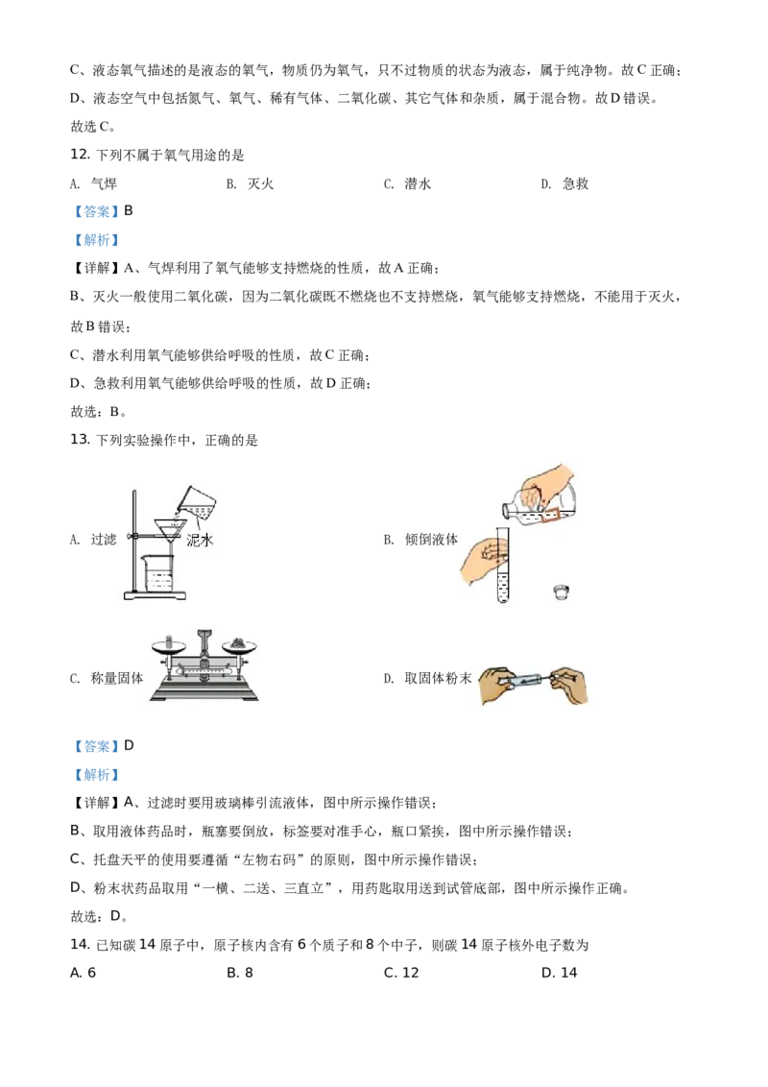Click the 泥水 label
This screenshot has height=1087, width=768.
(x=199, y=541)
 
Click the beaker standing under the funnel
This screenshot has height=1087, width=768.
(x=159, y=574)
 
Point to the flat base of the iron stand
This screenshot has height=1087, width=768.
(x=168, y=602)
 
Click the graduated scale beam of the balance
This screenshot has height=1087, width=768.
(x=204, y=672)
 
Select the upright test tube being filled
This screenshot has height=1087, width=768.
(x=501, y=567)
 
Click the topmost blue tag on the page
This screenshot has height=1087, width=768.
(x=96, y=211)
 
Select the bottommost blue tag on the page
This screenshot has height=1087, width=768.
(x=96, y=775)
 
